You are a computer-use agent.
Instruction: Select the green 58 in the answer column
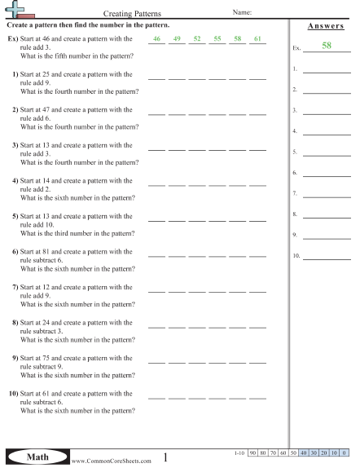[x=326, y=46]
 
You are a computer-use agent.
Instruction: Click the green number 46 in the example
[x=156, y=38]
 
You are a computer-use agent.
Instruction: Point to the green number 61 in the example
[x=257, y=38]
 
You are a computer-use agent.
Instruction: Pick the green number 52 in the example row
[x=196, y=38]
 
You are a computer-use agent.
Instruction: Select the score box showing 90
[x=252, y=452]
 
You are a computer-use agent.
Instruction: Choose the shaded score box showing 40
[x=303, y=452]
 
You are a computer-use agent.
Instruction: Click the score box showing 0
[x=345, y=452]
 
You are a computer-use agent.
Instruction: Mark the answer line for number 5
[x=322, y=152]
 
